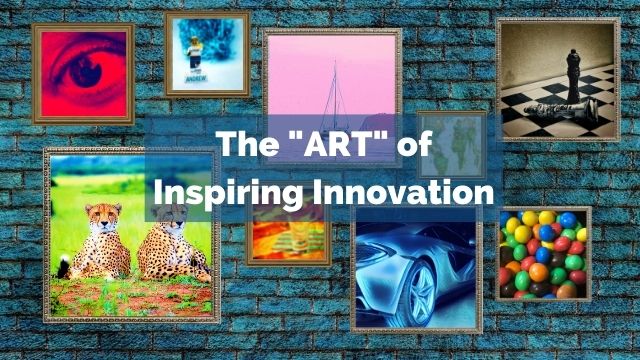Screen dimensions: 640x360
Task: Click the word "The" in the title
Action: pyautogui.click(x=248, y=144)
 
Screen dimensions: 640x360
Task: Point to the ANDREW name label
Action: pyautogui.click(x=196, y=78)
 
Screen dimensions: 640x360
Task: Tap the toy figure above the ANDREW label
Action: pyautogui.click(x=195, y=54)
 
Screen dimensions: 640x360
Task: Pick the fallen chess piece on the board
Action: pyautogui.click(x=562, y=109)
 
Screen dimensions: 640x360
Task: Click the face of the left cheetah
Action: pyautogui.click(x=103, y=217)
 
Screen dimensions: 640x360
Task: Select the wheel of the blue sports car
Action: pyautogui.click(x=418, y=291)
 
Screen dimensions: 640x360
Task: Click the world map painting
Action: pyautogui.click(x=452, y=145)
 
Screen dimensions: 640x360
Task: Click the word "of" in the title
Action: pyautogui.click(x=414, y=144)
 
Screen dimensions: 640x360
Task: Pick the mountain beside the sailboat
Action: pyautogui.click(x=378, y=122)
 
